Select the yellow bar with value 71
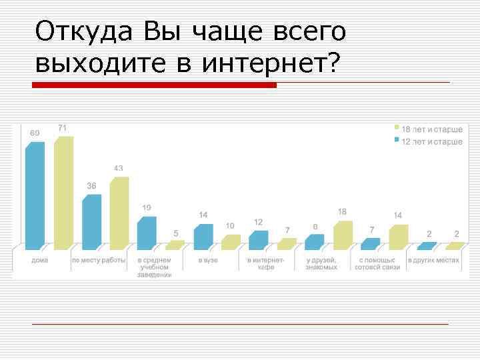point(63,193)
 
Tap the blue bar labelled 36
point(91,221)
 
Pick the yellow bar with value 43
point(119,213)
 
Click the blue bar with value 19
point(147,233)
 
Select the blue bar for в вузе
point(203,237)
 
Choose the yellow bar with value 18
point(342,235)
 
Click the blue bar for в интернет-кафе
point(258,240)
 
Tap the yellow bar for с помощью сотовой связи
point(398,237)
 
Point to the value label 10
point(229,226)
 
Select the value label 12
point(258,221)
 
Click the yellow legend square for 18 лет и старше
point(396,127)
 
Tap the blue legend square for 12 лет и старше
point(396,141)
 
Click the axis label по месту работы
point(99,260)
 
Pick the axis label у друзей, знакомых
point(321,263)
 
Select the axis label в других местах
point(434,260)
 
